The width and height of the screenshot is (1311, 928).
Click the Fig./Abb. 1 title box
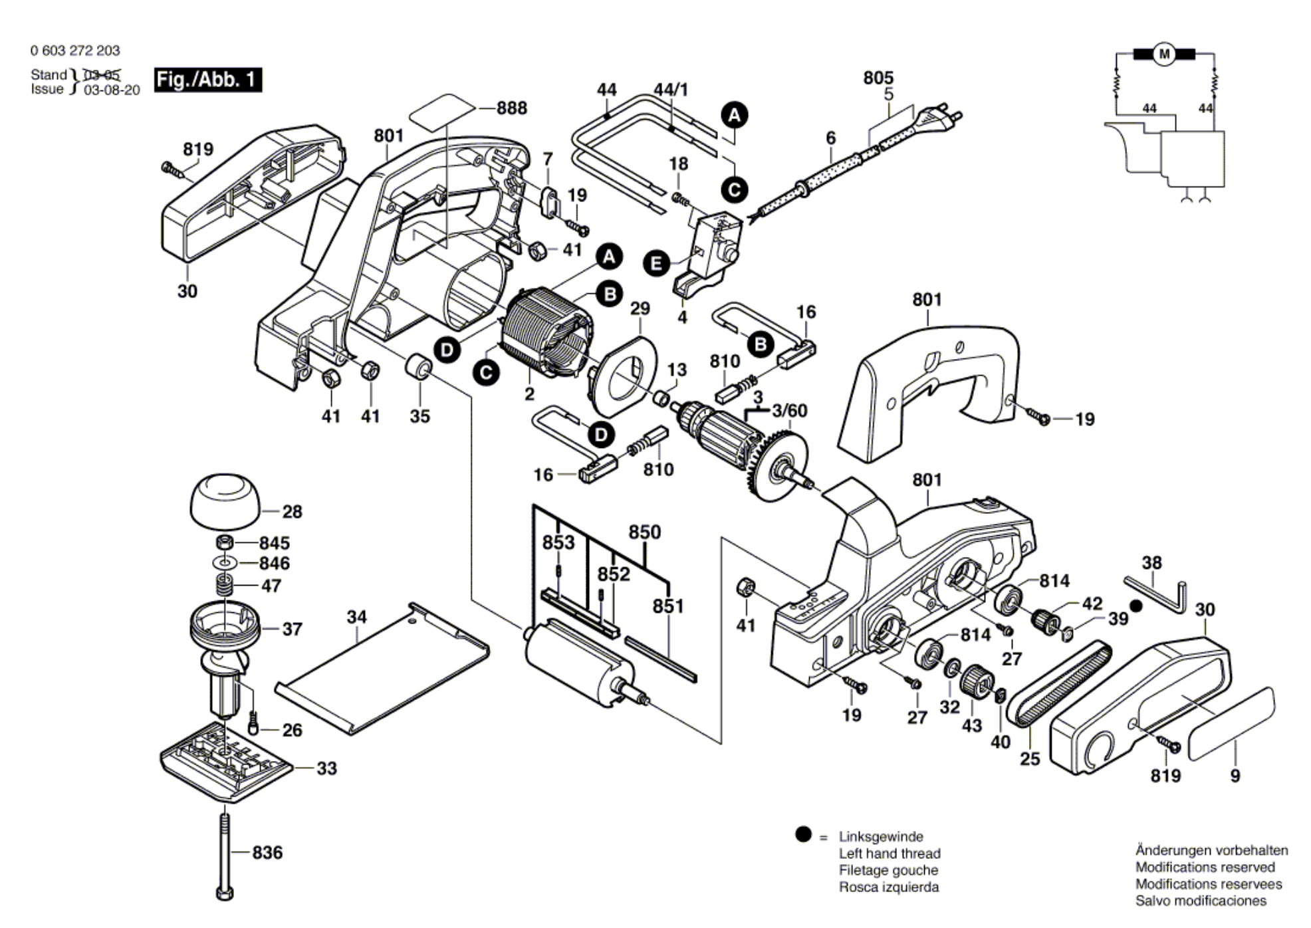coord(207,80)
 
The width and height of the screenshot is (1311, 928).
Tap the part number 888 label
coord(511,108)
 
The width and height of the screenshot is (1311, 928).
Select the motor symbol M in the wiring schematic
coord(1163,54)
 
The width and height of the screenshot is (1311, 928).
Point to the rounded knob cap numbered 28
coord(225,500)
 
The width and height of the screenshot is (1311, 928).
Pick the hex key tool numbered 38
coord(1158,595)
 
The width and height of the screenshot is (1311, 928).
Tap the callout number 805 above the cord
coord(878,78)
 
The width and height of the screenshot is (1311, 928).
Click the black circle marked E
coord(657,264)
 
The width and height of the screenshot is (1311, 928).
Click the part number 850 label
coord(645,532)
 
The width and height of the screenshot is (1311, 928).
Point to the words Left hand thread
coord(889,854)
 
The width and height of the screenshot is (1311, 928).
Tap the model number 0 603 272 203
coord(75,51)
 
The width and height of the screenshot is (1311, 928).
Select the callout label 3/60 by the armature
coord(789,411)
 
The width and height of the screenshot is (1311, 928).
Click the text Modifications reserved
coord(1205,867)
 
